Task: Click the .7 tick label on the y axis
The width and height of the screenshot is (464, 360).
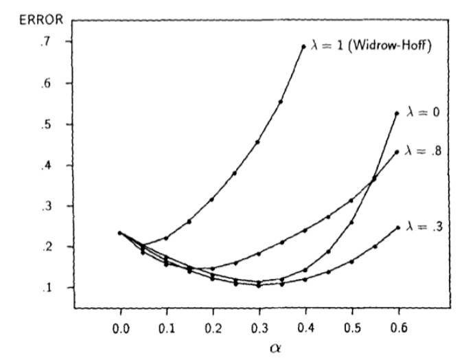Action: pyautogui.click(x=51, y=43)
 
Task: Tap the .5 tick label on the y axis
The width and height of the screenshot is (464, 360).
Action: pyautogui.click(x=51, y=125)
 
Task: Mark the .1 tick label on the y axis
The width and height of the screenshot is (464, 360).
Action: pyautogui.click(x=51, y=288)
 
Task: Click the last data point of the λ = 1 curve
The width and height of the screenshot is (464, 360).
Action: pyautogui.click(x=303, y=47)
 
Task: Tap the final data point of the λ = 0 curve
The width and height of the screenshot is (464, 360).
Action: pyautogui.click(x=397, y=113)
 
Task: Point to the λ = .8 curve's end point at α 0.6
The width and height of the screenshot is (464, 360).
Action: pyautogui.click(x=397, y=153)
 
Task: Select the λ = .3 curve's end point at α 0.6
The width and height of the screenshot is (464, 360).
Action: pyautogui.click(x=397, y=227)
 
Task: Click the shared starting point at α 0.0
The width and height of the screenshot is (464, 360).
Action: pyautogui.click(x=120, y=233)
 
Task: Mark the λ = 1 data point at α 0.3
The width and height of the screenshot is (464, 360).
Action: pyautogui.click(x=257, y=142)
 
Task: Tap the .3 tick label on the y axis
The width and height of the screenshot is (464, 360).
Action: pyautogui.click(x=51, y=207)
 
